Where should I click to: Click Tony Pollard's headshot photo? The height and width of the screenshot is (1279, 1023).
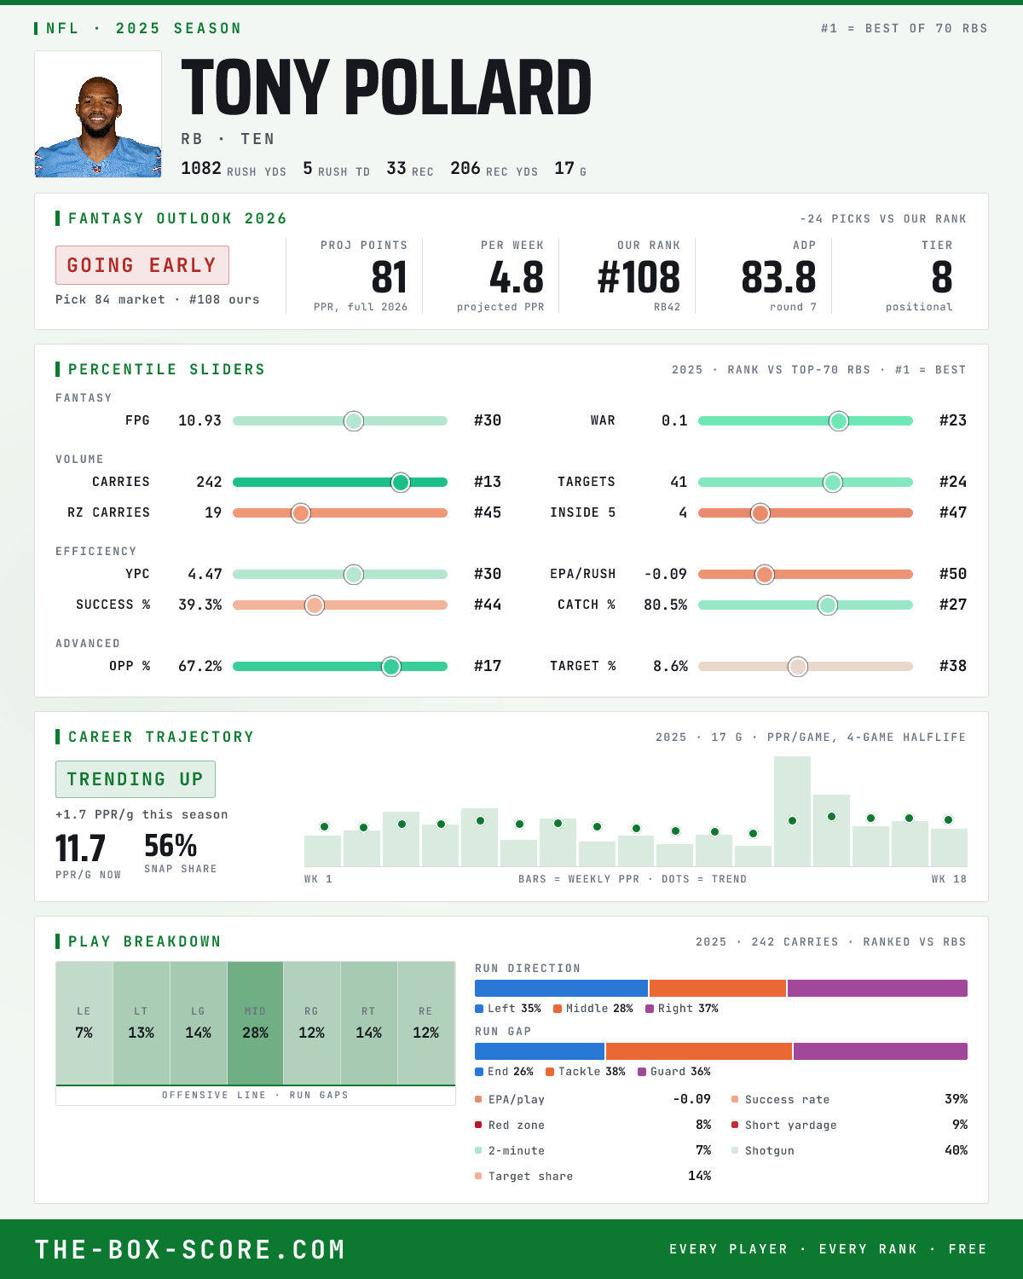click(98, 114)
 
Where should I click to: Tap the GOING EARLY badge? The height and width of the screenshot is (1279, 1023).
click(142, 265)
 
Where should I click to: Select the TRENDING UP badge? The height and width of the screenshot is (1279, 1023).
click(136, 779)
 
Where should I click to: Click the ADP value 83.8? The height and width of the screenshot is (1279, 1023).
click(778, 278)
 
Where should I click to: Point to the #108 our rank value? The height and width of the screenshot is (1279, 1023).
click(639, 278)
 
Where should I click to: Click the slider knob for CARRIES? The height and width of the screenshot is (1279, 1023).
click(401, 482)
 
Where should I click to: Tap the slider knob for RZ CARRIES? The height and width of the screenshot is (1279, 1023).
click(301, 513)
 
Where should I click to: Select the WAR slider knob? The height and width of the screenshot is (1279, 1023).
click(839, 420)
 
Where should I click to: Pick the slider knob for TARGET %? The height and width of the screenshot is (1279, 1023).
click(798, 666)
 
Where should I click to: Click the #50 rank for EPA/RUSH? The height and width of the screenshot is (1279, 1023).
click(953, 574)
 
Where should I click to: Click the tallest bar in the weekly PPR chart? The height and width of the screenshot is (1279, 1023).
click(792, 811)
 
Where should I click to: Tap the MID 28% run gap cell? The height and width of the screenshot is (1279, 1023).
click(255, 1023)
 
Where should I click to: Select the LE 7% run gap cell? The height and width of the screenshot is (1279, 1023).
click(84, 1023)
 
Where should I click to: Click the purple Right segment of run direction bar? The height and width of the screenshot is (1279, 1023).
click(877, 988)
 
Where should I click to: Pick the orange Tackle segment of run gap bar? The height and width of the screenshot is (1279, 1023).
click(699, 1051)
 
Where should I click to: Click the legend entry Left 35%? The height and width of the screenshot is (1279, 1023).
click(508, 1009)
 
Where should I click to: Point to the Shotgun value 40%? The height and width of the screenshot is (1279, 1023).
click(956, 1150)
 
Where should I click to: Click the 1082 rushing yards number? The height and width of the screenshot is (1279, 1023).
click(201, 168)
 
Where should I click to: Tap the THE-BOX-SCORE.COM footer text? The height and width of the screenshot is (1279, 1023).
click(190, 1249)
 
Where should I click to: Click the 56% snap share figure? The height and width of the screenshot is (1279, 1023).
click(170, 846)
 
